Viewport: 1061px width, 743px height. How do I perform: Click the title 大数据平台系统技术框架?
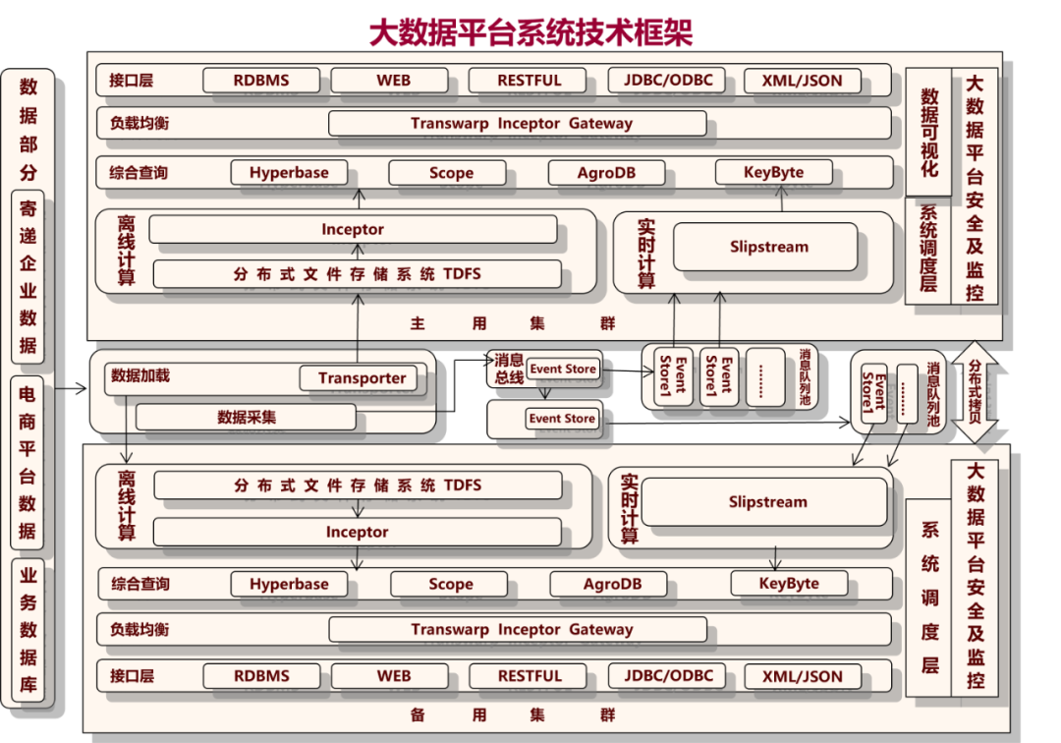point(530,32)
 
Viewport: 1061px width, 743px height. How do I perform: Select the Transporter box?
point(362,378)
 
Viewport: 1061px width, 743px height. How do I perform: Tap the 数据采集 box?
point(246,417)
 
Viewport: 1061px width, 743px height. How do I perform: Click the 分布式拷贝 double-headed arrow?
point(976,392)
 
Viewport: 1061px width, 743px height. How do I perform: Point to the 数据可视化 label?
point(928,133)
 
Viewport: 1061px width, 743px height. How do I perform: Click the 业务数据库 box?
point(28,629)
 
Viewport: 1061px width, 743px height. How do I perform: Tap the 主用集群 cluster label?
point(511,322)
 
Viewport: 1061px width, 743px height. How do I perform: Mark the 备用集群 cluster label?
point(511,714)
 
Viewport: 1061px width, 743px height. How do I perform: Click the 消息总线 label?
point(508,369)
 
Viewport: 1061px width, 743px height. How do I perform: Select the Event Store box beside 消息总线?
point(562,369)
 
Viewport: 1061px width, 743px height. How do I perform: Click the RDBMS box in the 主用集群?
point(261,81)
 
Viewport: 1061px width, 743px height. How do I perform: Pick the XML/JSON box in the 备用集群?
point(802,676)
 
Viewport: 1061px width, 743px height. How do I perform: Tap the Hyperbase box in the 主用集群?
point(289,173)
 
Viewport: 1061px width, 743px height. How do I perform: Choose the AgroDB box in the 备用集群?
point(612,584)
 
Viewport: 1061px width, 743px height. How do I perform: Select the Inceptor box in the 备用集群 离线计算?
point(357,532)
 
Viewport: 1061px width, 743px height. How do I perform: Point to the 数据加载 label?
point(140,375)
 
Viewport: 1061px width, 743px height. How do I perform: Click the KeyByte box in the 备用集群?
point(789,584)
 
